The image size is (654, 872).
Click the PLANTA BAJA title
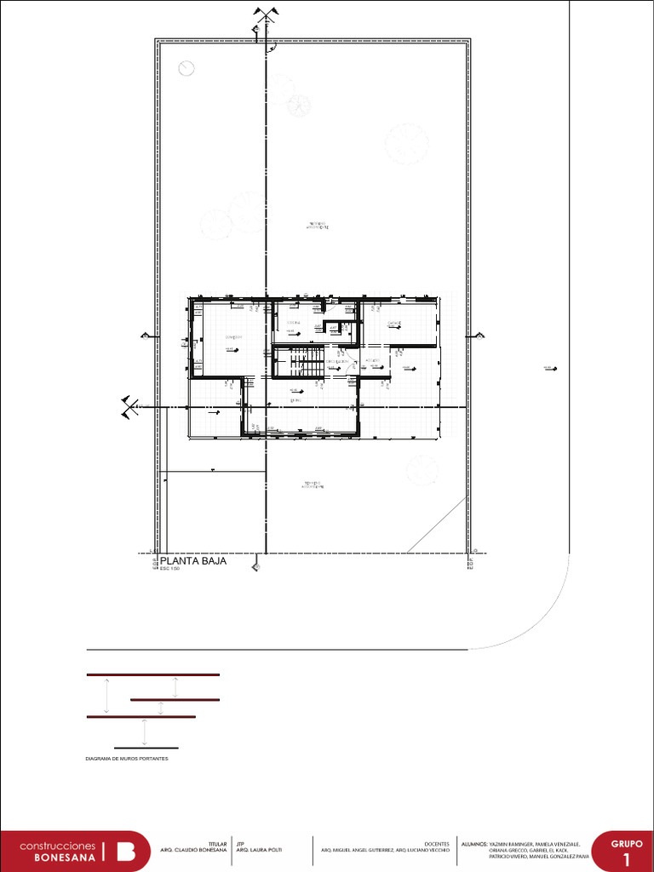tap(193, 560)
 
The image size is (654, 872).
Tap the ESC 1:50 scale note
tap(169, 569)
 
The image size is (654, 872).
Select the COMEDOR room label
tap(233, 338)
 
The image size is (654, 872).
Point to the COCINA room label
tap(293, 324)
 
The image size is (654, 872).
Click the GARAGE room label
tap(393, 324)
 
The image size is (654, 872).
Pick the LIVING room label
tap(295, 399)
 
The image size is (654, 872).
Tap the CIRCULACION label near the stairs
tap(338, 362)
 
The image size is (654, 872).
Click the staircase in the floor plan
tap(301, 362)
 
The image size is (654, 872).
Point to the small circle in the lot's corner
tap(186, 68)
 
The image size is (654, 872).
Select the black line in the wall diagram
tap(146, 748)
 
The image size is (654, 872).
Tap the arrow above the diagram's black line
tap(145, 732)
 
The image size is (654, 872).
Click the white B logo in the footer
tap(125, 852)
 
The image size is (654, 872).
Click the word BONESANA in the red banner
tap(65, 858)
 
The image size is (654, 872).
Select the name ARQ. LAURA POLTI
tap(259, 850)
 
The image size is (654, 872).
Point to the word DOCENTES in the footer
tap(437, 843)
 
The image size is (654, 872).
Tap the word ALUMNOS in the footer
tap(473, 843)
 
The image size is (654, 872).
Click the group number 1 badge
tap(627, 858)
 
